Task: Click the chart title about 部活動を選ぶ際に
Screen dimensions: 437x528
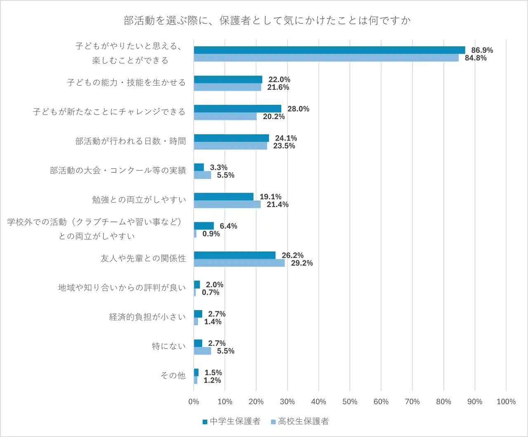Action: tap(267, 21)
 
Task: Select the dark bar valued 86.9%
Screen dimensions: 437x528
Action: tap(329, 50)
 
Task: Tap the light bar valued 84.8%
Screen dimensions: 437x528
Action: tap(326, 58)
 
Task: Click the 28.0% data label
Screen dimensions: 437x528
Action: tap(298, 109)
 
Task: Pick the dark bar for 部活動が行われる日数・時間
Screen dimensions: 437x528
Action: tap(231, 138)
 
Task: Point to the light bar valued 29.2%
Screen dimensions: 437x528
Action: tap(239, 263)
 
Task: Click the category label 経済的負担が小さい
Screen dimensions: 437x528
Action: tap(147, 317)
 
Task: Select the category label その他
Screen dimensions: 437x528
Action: tap(173, 376)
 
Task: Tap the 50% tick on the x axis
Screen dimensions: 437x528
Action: tap(350, 402)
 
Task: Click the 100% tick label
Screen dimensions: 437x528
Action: tap(506, 402)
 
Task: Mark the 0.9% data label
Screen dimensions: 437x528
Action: tap(211, 234)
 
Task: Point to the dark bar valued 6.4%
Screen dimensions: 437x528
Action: tap(204, 226)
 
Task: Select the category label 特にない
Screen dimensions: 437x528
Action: tap(169, 346)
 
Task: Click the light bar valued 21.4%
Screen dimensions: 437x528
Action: tap(227, 204)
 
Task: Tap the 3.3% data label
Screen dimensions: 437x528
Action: tap(219, 167)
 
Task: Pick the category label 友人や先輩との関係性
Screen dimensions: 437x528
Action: tap(143, 258)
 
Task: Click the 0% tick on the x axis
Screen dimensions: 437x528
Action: tap(193, 402)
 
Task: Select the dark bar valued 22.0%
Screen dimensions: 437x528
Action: tap(228, 80)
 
